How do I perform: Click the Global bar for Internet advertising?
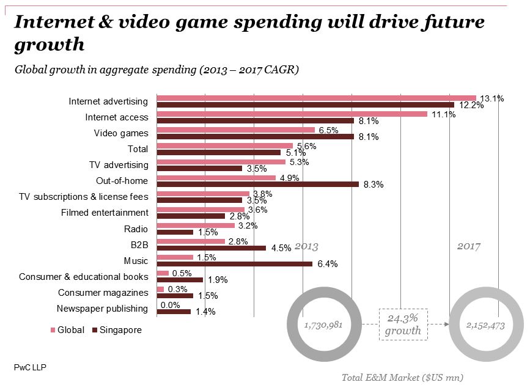click(x=316, y=98)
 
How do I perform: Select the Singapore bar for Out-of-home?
click(x=257, y=184)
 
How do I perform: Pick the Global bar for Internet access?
click(x=292, y=114)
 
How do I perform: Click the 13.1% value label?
click(x=491, y=98)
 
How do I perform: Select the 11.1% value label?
click(x=443, y=114)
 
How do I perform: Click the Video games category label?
click(x=121, y=133)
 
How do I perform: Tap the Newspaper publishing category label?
click(x=102, y=309)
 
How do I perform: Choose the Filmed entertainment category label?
click(x=105, y=213)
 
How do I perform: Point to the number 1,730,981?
click(x=323, y=325)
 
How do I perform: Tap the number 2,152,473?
click(x=485, y=325)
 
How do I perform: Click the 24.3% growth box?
click(x=403, y=324)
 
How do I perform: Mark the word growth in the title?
click(x=48, y=45)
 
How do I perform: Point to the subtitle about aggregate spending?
click(x=156, y=70)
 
